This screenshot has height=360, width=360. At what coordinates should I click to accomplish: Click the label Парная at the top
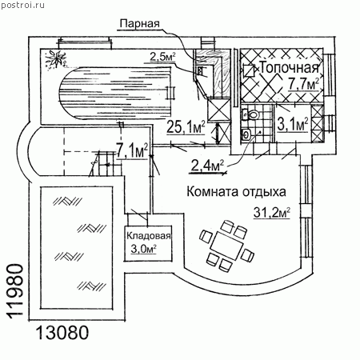tap(139, 23)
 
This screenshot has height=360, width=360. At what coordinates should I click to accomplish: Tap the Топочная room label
tap(290, 68)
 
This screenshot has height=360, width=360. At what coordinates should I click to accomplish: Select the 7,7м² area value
tap(304, 84)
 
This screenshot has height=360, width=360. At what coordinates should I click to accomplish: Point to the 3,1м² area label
tap(293, 124)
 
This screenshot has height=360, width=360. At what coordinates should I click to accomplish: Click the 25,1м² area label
tap(186, 126)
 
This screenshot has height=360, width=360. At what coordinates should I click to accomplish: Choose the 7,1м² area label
tap(132, 151)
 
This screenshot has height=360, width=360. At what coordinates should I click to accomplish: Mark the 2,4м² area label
tap(207, 166)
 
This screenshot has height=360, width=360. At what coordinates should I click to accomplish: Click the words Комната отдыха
tap(236, 191)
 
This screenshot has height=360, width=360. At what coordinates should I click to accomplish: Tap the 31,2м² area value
tap(272, 213)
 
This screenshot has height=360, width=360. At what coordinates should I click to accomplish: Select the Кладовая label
tap(148, 236)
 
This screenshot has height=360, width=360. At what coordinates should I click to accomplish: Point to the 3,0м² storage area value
tap(143, 249)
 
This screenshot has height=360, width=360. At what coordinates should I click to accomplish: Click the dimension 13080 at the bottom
tap(62, 333)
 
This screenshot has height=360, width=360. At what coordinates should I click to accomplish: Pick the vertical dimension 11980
tap(15, 290)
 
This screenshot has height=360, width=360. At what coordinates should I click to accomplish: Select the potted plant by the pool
tap(55, 60)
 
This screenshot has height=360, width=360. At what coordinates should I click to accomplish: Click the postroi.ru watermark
tap(22, 6)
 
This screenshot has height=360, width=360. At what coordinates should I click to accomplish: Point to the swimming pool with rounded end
tap(114, 92)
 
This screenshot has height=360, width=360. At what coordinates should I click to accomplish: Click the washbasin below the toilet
tap(246, 134)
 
